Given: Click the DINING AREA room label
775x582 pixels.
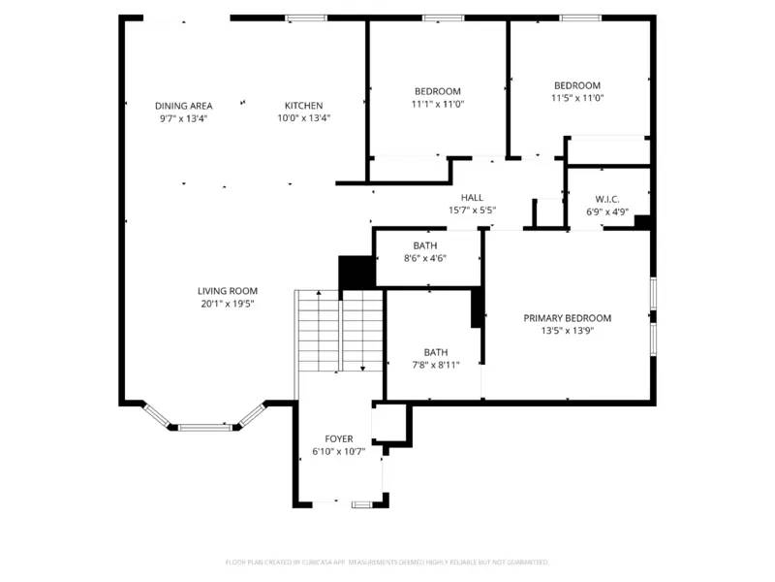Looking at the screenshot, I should click(183, 106).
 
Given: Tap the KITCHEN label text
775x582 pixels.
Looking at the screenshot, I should click(303, 106).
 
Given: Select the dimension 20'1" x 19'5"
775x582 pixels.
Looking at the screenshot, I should click(228, 304).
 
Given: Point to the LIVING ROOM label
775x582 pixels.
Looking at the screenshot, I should click(228, 291).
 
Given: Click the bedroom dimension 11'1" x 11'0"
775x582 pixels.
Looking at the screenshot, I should click(436, 104).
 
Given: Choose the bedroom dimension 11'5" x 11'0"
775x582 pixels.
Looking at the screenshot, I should click(576, 98).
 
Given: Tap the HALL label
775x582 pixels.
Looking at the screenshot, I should click(472, 197).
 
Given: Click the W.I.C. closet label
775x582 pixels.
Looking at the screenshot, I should click(607, 199).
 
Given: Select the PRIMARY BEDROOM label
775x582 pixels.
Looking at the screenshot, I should click(568, 318).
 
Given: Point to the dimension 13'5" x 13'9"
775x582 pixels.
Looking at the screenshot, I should click(568, 331).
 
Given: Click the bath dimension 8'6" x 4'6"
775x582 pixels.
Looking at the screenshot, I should click(424, 258).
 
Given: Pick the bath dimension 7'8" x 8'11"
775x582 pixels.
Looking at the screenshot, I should click(435, 365).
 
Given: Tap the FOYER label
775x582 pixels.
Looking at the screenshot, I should click(339, 439).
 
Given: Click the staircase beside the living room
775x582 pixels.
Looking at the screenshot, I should click(339, 330).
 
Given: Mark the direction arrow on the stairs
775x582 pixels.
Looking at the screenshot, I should click(362, 367).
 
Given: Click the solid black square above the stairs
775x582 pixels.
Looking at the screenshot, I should click(356, 271).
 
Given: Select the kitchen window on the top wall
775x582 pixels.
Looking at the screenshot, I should click(305, 17).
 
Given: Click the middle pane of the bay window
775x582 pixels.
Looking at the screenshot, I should click(204, 427).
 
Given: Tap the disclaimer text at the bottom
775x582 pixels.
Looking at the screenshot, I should click(387, 562).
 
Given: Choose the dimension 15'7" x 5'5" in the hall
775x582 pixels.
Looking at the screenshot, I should click(472, 210).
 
